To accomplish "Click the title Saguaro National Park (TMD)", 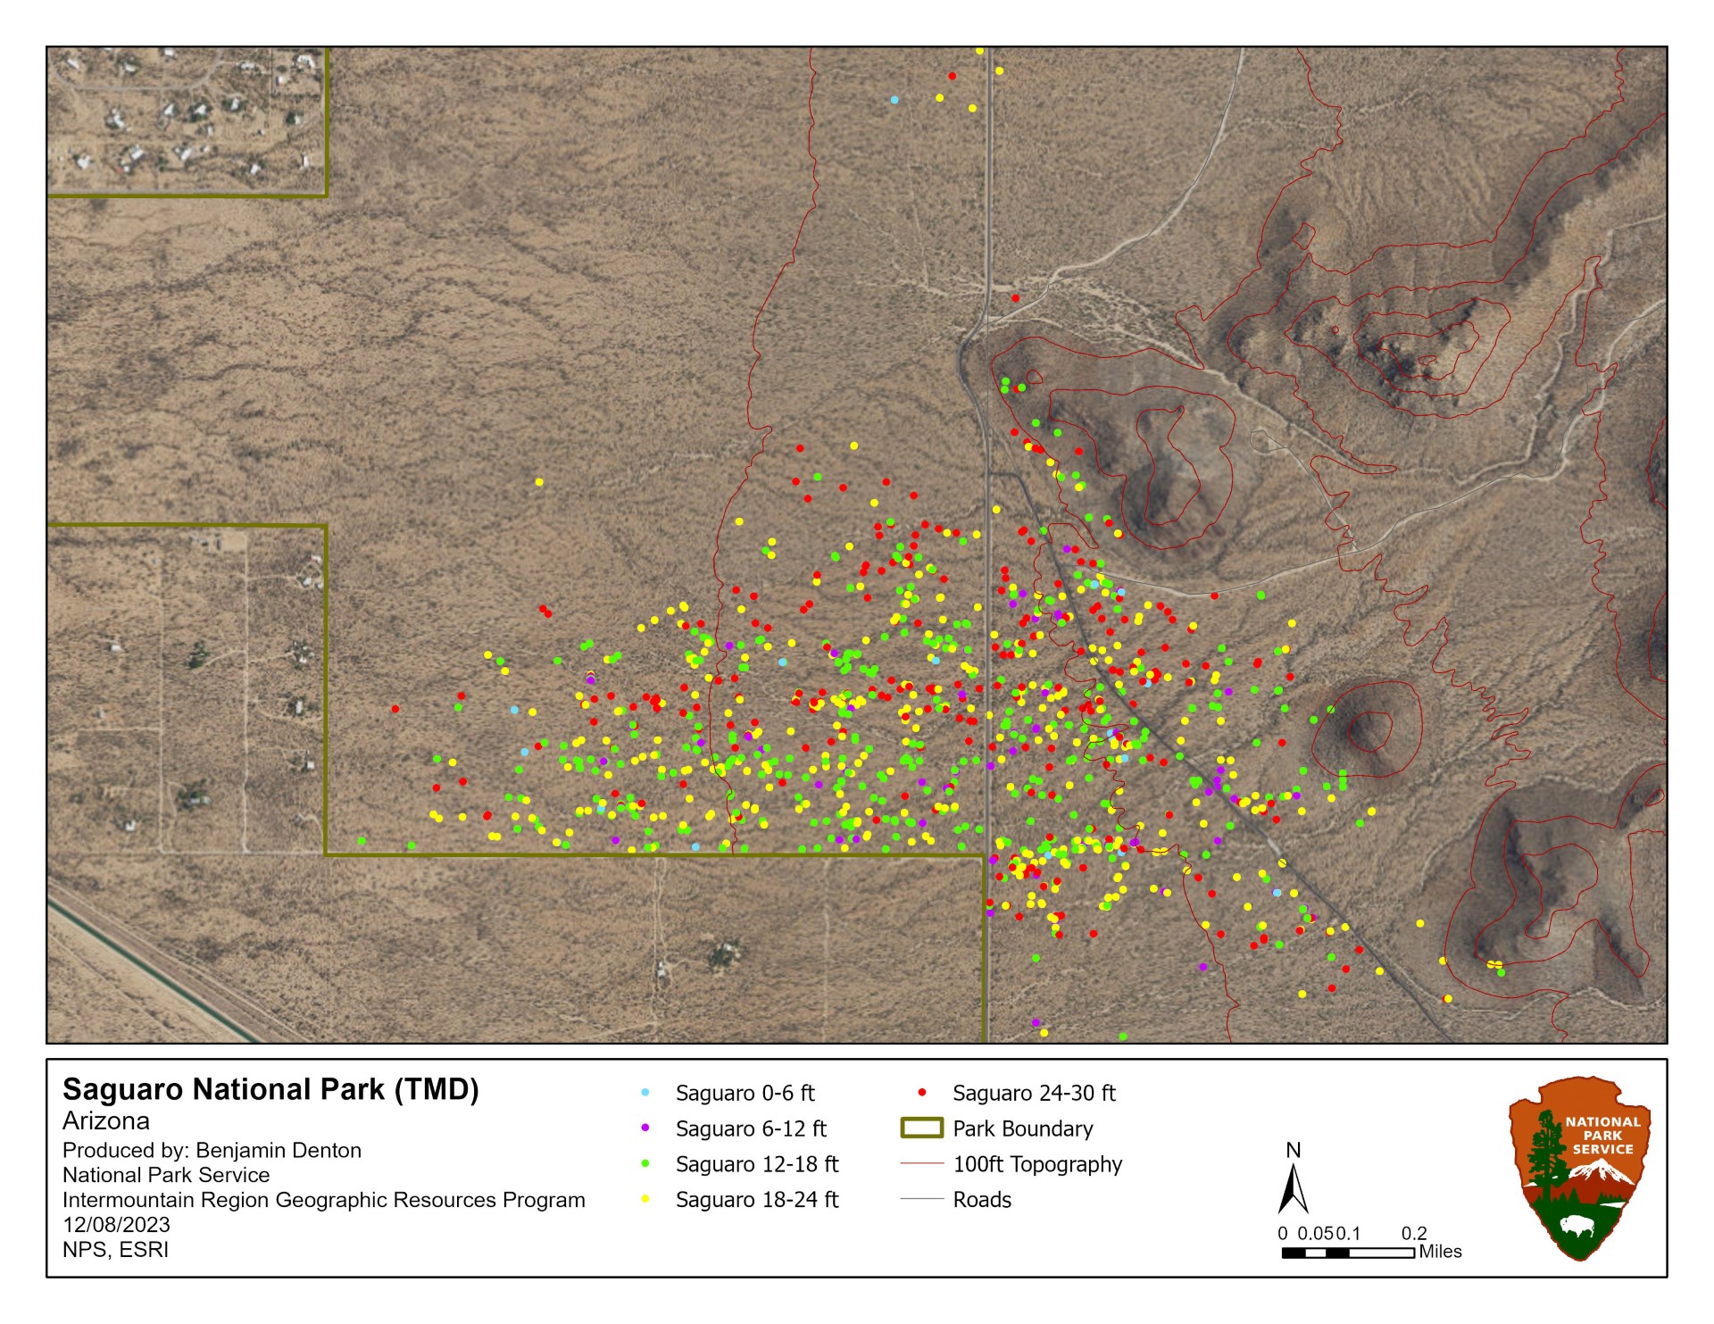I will coord(270,1090).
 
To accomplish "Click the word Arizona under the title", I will coord(106,1121).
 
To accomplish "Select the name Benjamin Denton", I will coord(279,1151).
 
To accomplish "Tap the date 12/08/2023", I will coord(116,1225).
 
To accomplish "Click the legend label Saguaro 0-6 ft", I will coord(745,1094).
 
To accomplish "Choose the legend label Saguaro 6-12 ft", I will coord(751,1129).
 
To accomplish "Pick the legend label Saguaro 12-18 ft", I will coord(756,1165).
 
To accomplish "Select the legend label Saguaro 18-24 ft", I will coord(756,1200).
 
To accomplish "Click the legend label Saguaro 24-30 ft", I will coord(1034,1094).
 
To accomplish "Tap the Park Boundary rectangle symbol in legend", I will coord(922,1128).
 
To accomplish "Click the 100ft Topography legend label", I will coord(1037,1165).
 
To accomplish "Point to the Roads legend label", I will coord(982,1200).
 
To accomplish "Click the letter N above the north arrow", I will coord(1293,1151).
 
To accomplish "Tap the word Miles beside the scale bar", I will coord(1440,1252).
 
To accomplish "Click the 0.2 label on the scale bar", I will coord(1414,1234).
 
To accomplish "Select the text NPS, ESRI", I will coord(115,1250).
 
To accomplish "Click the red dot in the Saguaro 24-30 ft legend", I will coord(922,1093).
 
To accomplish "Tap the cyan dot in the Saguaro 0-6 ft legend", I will coord(645,1093).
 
